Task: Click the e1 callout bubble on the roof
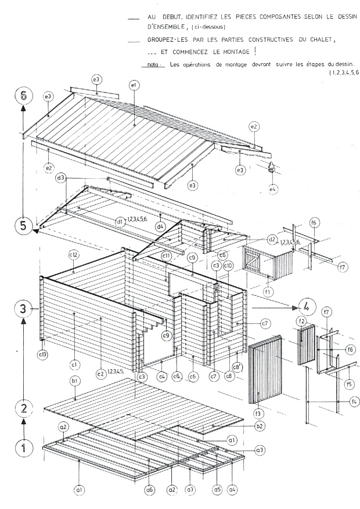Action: [134, 86]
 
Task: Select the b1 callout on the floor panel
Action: [75, 380]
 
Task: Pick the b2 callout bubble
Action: [261, 426]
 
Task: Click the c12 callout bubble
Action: [74, 255]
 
